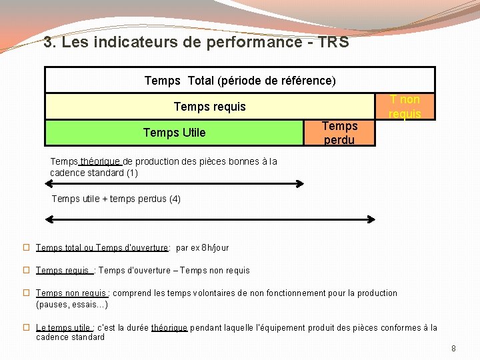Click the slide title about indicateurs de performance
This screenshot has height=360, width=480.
[195, 43]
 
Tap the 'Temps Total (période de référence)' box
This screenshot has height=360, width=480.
[239, 81]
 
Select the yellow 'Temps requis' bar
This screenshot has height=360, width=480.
[209, 107]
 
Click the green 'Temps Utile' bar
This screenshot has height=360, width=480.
[174, 133]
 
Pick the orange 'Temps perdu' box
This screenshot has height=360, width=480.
[339, 133]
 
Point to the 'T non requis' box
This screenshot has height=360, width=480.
[405, 107]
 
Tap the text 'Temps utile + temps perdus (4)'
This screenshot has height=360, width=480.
[116, 199]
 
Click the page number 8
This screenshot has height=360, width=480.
[453, 348]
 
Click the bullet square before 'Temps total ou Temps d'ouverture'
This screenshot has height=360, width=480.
[27, 247]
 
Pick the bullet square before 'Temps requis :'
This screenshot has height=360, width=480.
[27, 270]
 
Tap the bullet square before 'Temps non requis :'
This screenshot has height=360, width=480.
[27, 293]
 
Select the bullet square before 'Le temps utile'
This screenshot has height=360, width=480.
[27, 327]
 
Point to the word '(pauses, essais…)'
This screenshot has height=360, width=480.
[72, 305]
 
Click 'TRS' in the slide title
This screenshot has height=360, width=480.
[333, 43]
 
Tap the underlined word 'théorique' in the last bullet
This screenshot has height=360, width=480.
[169, 327]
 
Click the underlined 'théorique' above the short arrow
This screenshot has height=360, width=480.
[101, 161]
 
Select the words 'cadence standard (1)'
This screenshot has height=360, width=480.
[94, 173]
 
